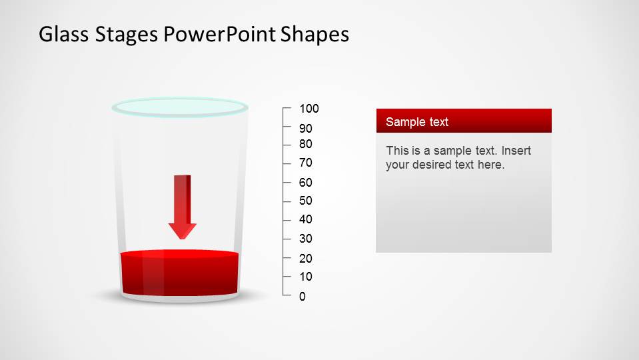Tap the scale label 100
(309, 109)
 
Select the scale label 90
(306, 129)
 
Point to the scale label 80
(306, 144)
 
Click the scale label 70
(306, 163)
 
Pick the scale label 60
(306, 183)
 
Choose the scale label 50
(306, 201)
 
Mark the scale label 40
(306, 219)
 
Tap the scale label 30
(306, 239)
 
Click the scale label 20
(306, 259)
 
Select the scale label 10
(306, 277)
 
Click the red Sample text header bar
(464, 121)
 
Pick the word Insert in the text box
(515, 151)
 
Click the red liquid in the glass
(180, 273)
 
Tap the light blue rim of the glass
(180, 107)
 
